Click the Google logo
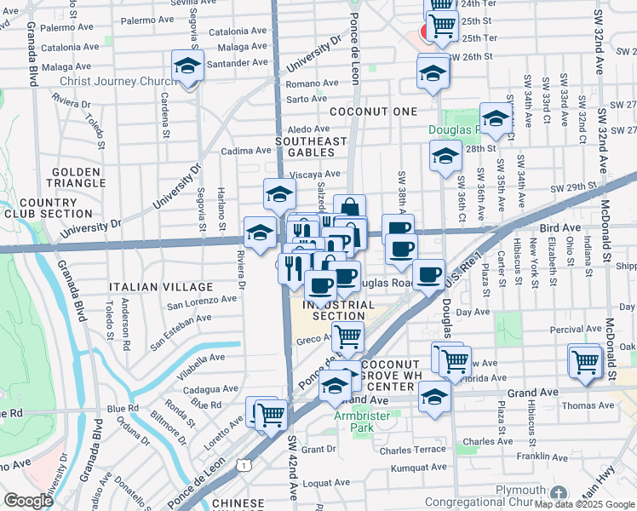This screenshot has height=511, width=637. coord(28,501)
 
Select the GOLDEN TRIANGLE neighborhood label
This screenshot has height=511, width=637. coord(77,176)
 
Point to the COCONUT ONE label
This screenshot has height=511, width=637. coord(374,112)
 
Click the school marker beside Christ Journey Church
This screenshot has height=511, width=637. coord(188,66)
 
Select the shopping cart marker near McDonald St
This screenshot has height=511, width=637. coord(585,361)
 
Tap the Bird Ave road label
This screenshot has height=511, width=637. coord(559,228)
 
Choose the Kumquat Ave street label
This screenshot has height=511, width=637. coord(418,468)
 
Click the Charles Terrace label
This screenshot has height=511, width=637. coord(413,450)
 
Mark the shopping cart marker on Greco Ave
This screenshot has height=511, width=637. coord(347,337)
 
